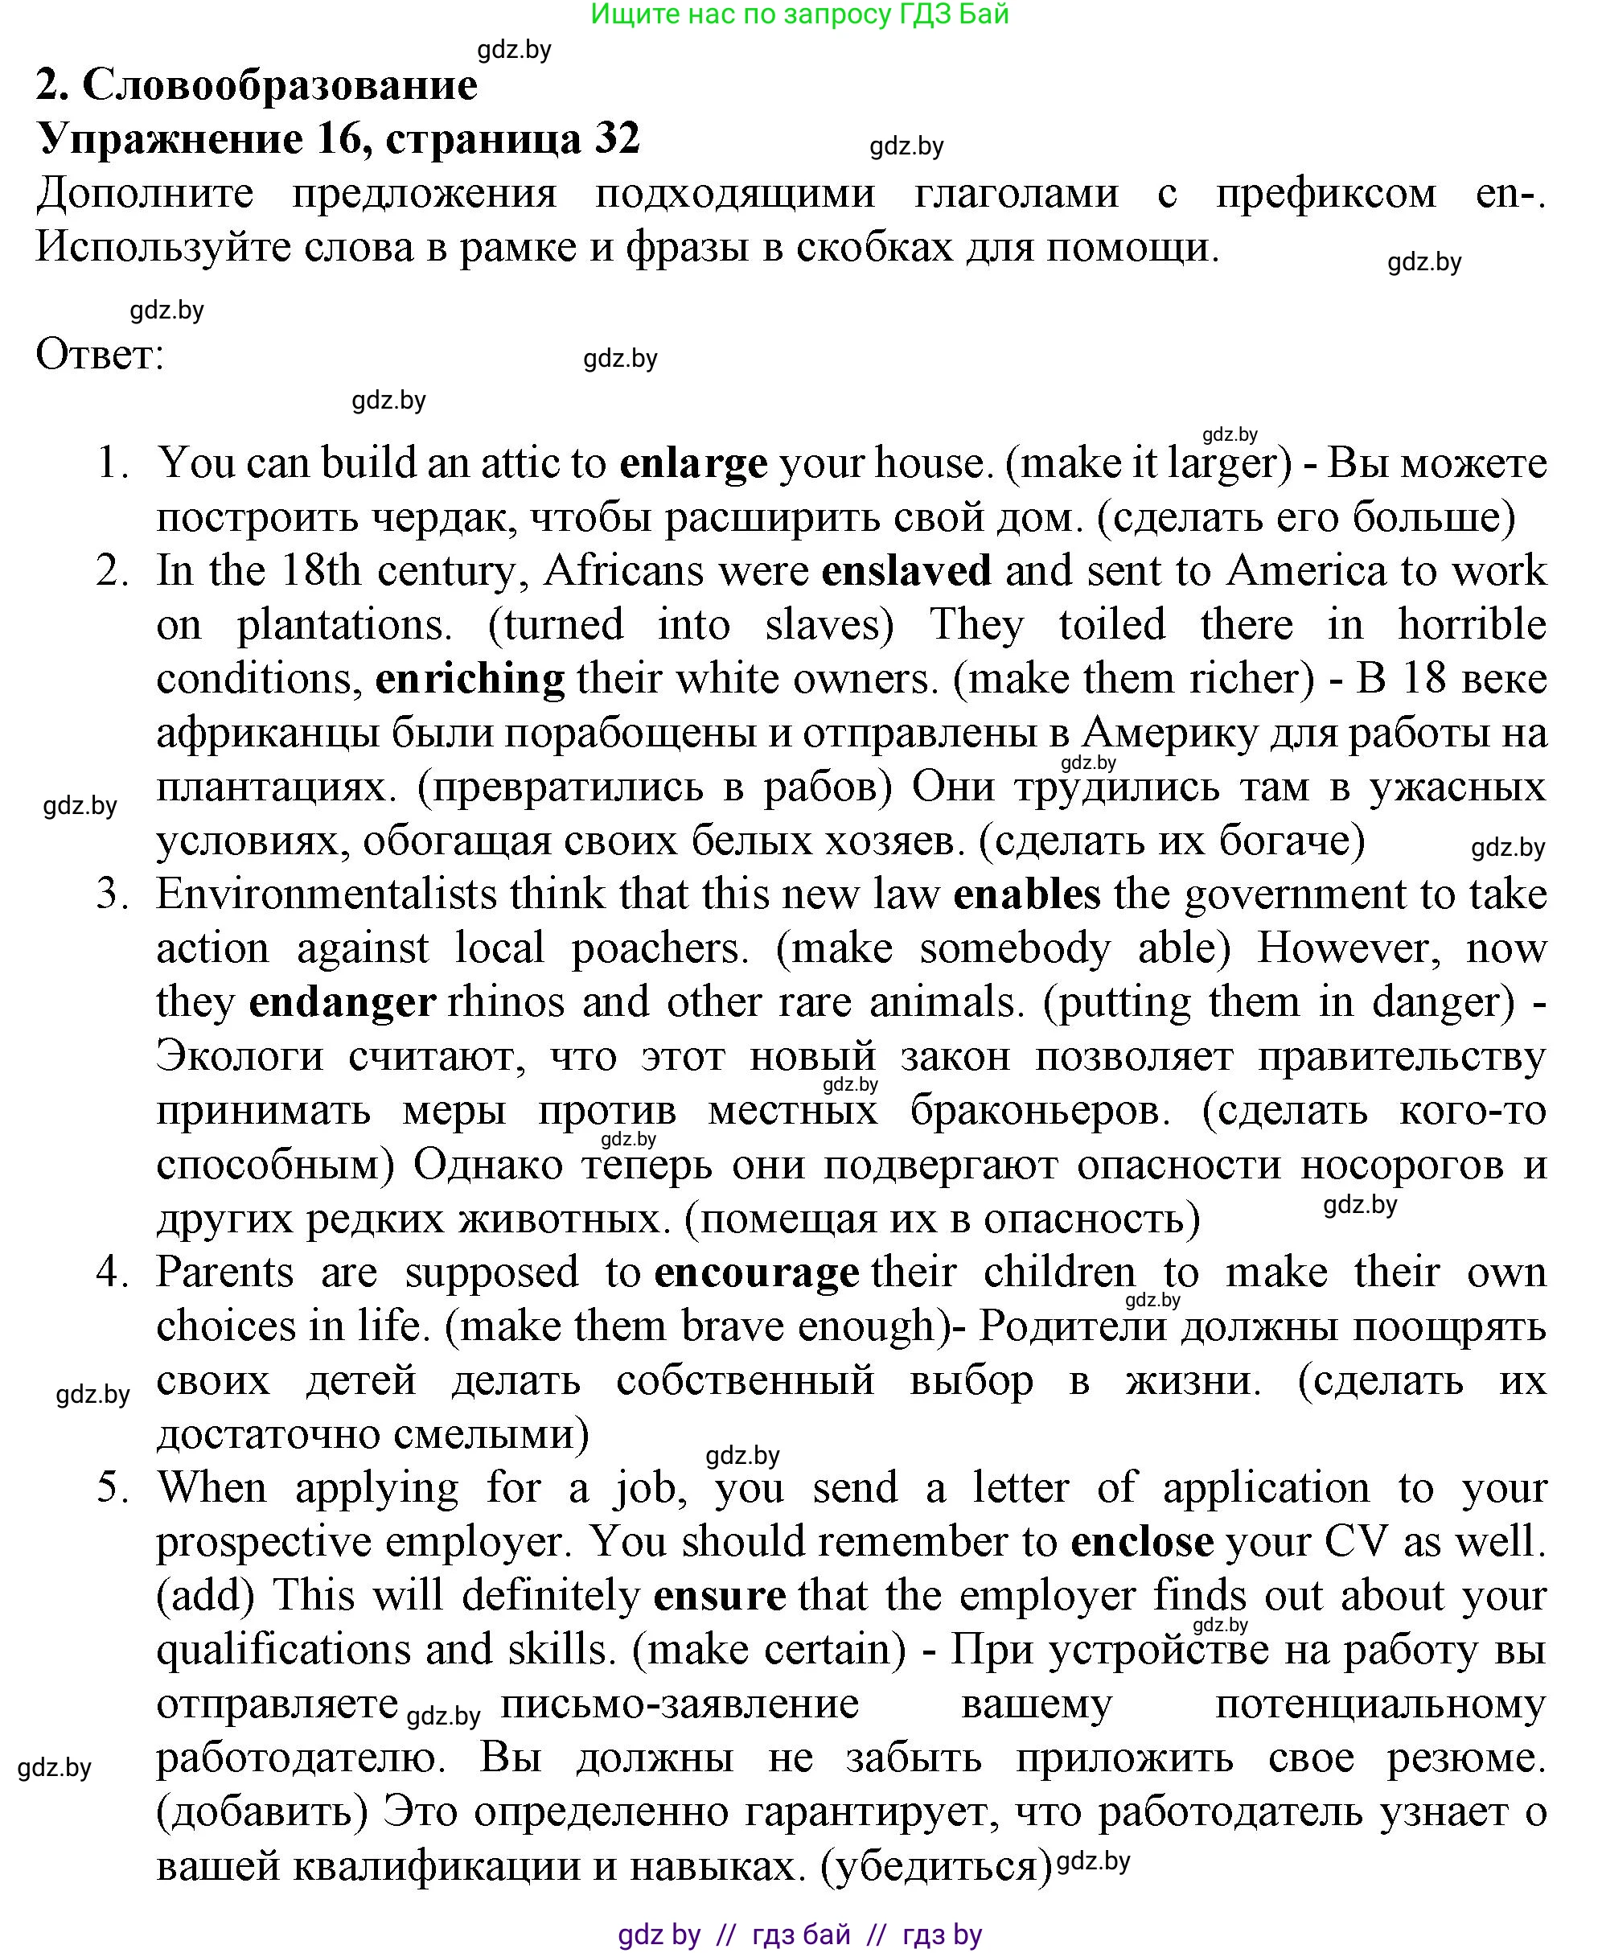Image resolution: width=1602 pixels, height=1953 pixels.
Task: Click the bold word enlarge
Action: click(693, 464)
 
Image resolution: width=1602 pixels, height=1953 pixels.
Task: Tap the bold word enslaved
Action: click(906, 571)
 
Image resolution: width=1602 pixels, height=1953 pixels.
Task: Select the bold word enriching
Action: click(470, 680)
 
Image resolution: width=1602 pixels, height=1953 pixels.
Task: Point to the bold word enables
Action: click(1026, 895)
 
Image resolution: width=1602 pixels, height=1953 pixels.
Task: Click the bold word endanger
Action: click(343, 1003)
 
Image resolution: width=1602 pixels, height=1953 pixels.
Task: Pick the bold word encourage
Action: click(757, 1273)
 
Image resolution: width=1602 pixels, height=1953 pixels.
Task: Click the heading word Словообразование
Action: click(281, 85)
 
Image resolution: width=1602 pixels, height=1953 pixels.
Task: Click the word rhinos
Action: click(506, 1003)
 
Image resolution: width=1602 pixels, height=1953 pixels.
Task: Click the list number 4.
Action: click(112, 1273)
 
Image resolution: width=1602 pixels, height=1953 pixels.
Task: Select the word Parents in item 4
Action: click(224, 1273)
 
